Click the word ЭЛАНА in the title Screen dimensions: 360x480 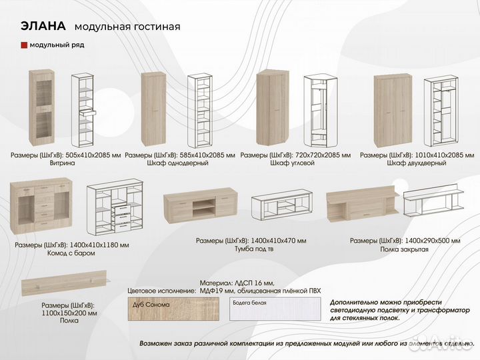coord(43,26)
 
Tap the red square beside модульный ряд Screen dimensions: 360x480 coord(24,45)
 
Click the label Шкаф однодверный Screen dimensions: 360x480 coord(180,163)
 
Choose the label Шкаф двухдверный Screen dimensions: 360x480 coord(417,163)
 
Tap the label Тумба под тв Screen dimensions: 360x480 coord(251,249)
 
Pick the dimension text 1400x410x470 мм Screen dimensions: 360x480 coord(279,240)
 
